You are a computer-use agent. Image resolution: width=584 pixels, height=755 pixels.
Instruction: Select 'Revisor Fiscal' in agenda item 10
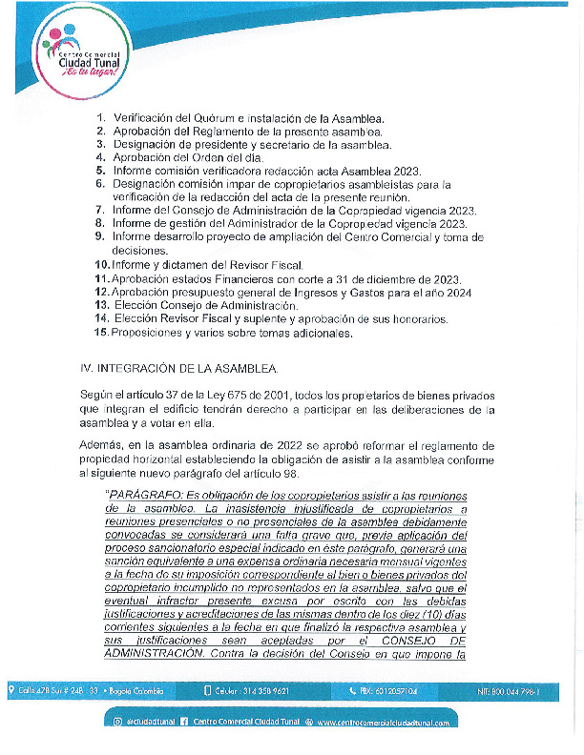262,264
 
